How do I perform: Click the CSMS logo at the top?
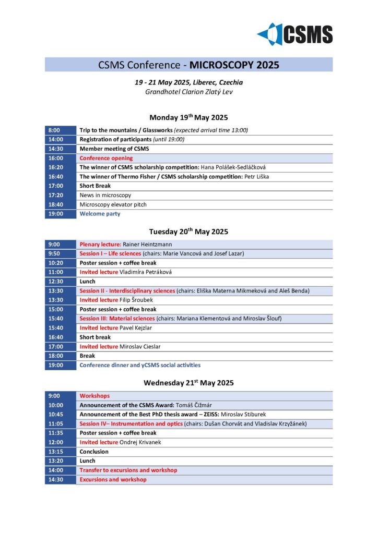(x=295, y=34)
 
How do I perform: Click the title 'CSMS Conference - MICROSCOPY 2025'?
(x=188, y=65)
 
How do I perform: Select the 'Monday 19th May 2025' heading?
(x=188, y=117)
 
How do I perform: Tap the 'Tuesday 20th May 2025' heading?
(x=188, y=232)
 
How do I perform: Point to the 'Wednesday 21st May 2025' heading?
(x=188, y=383)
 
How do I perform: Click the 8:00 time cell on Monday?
(x=60, y=130)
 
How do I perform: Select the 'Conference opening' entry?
(x=106, y=158)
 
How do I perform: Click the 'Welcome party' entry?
(x=100, y=214)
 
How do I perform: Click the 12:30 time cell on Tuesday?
(x=60, y=282)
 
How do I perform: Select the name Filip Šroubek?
(x=138, y=300)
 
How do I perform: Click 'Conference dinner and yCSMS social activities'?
(x=140, y=366)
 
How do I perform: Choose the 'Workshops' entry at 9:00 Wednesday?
(x=95, y=396)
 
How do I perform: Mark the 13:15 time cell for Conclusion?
(x=60, y=452)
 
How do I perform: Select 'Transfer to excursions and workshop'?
(x=128, y=470)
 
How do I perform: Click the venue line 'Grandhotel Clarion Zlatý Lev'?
(x=188, y=92)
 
